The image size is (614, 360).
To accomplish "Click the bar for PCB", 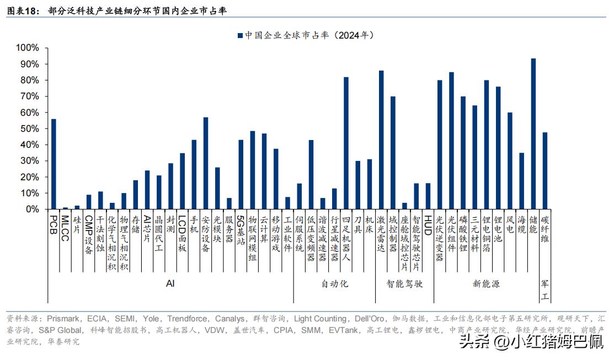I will (x=54, y=164).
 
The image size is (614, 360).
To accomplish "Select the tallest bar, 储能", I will (x=533, y=134).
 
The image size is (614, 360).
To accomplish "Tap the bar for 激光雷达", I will (x=381, y=140).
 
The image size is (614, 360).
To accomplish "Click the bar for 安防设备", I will (x=206, y=163).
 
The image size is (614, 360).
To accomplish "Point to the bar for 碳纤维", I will (x=545, y=171).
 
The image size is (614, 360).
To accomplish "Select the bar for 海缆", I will (x=521, y=181).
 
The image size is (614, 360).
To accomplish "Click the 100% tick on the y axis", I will (x=28, y=48).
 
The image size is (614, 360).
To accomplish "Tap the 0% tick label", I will (x=32, y=209).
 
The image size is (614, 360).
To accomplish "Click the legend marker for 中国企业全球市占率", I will (x=240, y=35).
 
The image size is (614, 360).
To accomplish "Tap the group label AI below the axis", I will (x=170, y=283).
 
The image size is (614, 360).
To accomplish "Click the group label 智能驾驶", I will (x=404, y=284).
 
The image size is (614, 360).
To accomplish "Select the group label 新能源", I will (x=486, y=284).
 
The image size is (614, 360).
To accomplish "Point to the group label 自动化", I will (x=335, y=284).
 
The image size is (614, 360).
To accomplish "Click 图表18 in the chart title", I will (x=22, y=10).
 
